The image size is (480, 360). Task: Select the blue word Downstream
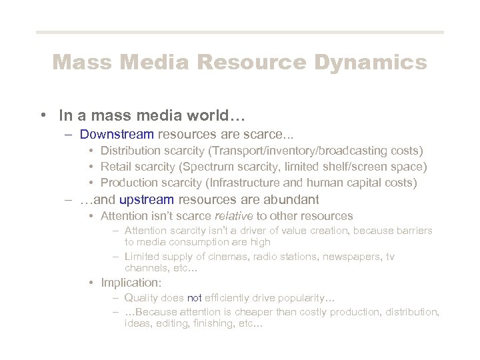click(x=117, y=134)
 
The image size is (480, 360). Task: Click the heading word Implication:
click(x=127, y=283)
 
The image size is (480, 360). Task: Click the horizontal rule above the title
click(x=240, y=32)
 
